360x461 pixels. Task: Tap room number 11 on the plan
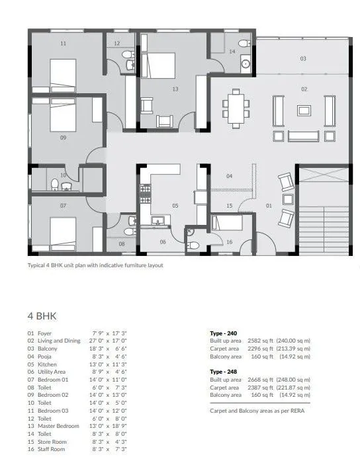point(63,44)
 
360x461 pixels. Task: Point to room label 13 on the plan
point(175,89)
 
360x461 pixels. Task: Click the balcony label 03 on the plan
point(302,59)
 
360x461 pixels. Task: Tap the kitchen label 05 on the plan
point(175,206)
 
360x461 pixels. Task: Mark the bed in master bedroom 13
point(159,65)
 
